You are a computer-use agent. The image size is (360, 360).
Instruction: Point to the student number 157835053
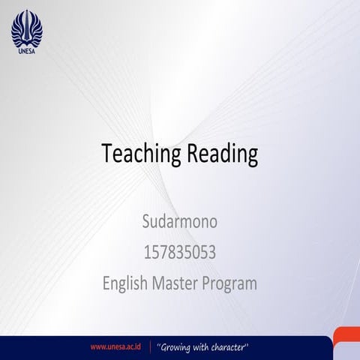tap(179, 253)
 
